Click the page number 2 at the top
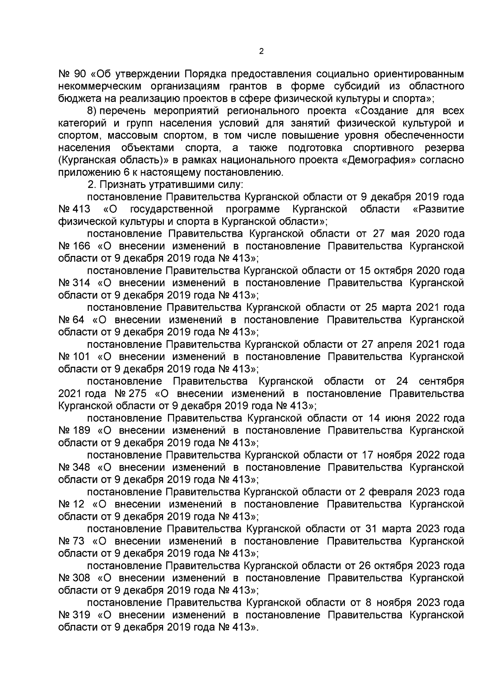[261, 52]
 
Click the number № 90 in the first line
[71, 74]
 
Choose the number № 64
[71, 320]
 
